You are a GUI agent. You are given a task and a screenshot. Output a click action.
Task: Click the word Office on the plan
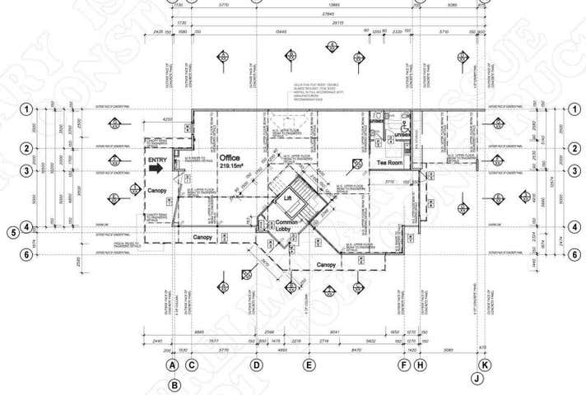[232, 156]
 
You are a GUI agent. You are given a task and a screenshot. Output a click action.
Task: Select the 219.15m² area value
[233, 165]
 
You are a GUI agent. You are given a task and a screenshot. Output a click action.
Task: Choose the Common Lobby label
[288, 227]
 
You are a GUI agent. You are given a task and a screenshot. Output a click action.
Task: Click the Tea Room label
[388, 163]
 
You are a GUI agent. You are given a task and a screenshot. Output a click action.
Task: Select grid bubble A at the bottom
[173, 365]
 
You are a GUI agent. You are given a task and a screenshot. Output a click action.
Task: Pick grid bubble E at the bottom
[309, 365]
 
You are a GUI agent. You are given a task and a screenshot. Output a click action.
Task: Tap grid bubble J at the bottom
[477, 379]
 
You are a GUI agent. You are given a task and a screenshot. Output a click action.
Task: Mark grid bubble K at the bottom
[485, 365]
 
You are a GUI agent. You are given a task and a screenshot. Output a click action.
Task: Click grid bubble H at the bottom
[420, 365]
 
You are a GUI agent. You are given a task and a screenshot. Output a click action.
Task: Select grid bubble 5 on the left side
[12, 232]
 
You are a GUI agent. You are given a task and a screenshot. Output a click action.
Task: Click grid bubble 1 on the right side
[574, 109]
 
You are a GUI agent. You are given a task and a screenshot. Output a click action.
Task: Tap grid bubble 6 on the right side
[574, 254]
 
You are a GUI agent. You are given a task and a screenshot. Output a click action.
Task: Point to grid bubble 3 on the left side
[27, 171]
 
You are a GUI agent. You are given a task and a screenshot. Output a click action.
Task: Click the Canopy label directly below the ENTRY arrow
[157, 191]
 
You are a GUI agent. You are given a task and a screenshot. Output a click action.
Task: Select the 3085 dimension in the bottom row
[449, 349]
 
